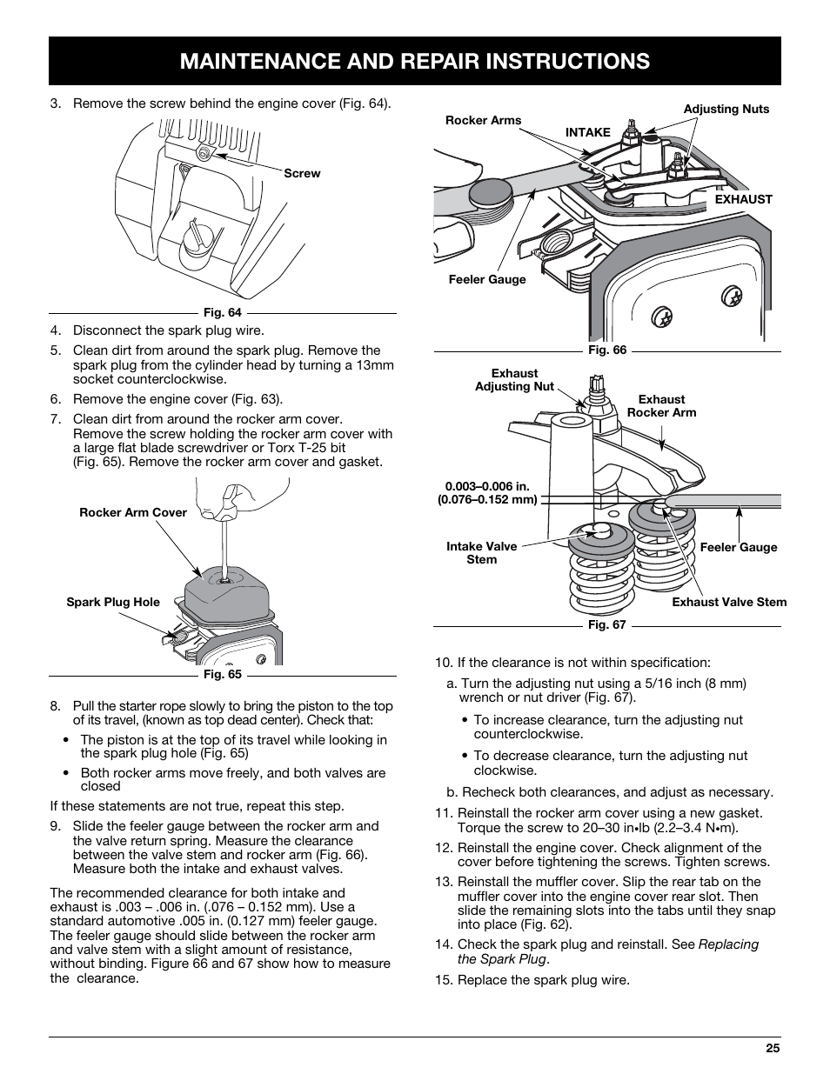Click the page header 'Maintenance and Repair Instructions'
[x=414, y=61]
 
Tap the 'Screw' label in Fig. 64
[x=302, y=173]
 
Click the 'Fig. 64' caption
[x=222, y=312]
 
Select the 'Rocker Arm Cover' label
[x=133, y=512]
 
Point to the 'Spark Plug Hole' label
[x=113, y=602]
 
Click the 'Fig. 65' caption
[x=222, y=674]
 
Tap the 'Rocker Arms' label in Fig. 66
[x=483, y=120]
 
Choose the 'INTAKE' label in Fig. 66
[x=588, y=132]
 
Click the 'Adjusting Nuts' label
[x=726, y=109]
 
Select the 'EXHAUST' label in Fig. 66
[x=743, y=199]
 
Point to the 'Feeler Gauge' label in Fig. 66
[x=487, y=279]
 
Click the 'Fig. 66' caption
[x=606, y=350]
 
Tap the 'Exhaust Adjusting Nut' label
[x=514, y=380]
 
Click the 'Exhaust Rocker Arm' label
[x=661, y=406]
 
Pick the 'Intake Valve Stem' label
[x=481, y=553]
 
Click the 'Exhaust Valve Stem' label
[x=728, y=602]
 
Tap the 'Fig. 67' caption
[x=606, y=624]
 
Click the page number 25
[x=773, y=1048]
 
